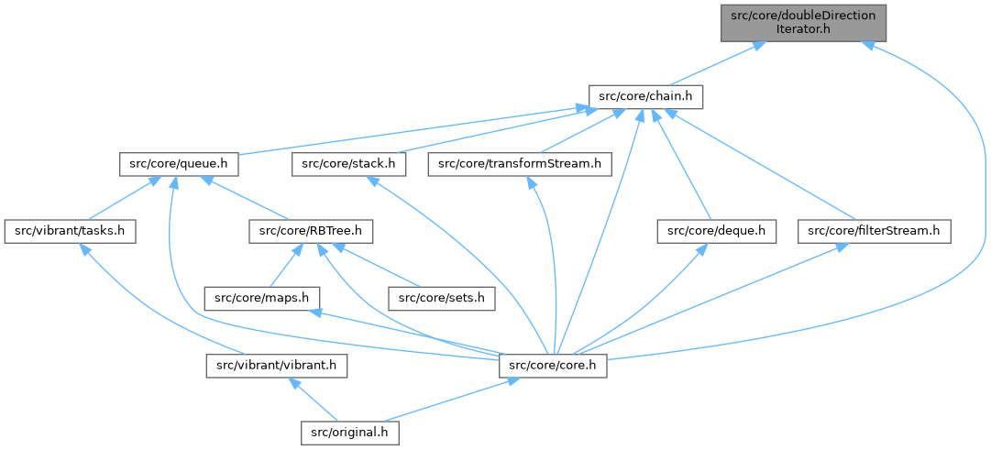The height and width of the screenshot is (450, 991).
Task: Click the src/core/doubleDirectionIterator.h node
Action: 802,22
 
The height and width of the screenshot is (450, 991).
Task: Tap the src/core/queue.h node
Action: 179,164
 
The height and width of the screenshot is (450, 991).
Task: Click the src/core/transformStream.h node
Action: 520,164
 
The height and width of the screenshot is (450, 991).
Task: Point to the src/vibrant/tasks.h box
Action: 70,231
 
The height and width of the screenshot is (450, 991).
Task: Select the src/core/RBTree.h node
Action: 310,231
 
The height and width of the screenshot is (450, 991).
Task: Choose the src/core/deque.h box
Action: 716,231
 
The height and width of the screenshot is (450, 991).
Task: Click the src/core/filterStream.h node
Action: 874,231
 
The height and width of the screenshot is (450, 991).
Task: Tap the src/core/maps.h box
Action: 262,298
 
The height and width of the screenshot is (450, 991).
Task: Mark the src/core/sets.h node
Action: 442,298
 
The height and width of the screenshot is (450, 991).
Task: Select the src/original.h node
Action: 350,432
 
